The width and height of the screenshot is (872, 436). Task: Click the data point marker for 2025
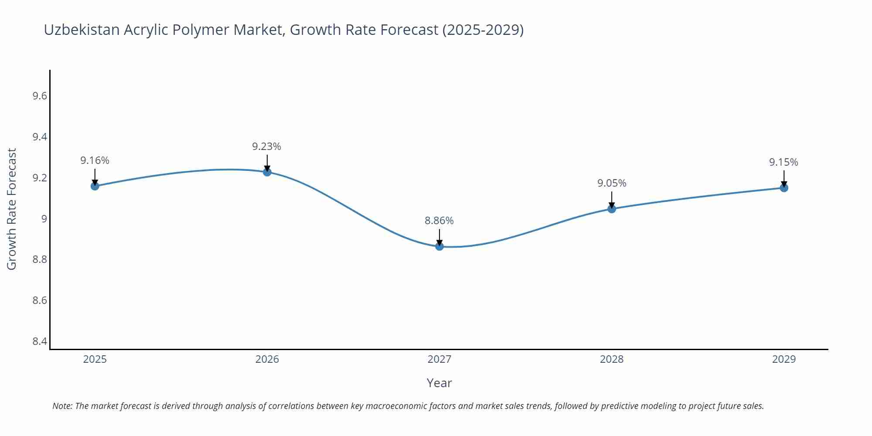click(95, 186)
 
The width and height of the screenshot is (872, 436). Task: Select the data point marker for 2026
click(267, 172)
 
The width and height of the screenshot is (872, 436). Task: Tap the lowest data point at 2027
click(439, 246)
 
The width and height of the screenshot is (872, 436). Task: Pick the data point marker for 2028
click(612, 209)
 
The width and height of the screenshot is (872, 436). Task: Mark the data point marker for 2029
click(784, 188)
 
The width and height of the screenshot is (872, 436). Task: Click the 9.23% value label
click(266, 146)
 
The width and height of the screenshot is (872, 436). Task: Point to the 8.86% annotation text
click(439, 221)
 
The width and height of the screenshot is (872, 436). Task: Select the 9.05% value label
click(612, 183)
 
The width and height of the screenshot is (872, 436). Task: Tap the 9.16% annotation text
click(95, 160)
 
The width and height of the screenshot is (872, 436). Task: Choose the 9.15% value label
click(783, 162)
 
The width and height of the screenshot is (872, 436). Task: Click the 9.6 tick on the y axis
click(40, 96)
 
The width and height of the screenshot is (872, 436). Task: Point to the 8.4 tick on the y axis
click(40, 341)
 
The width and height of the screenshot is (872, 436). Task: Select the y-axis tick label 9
click(44, 218)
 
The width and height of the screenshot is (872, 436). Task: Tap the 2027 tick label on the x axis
click(439, 359)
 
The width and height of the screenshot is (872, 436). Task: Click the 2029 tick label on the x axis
click(784, 359)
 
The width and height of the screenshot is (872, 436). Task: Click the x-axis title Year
click(439, 383)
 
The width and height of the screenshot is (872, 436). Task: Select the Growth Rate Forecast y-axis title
click(12, 209)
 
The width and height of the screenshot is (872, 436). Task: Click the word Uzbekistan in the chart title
click(82, 30)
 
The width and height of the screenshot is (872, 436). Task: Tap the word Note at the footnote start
click(62, 406)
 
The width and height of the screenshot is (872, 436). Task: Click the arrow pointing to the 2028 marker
click(612, 200)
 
